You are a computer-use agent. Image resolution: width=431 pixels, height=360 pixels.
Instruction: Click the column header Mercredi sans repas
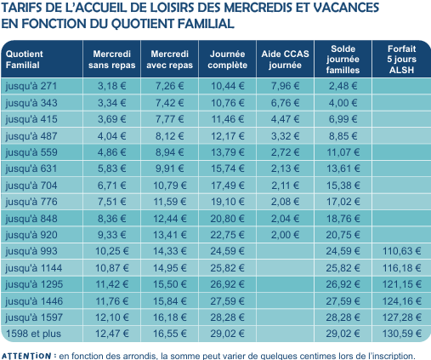[111, 60]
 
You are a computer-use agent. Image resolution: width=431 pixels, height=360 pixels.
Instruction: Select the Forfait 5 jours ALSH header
[401, 60]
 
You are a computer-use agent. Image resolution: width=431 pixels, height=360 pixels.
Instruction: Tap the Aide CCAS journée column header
[285, 60]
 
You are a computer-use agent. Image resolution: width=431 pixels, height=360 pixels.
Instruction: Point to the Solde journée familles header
[343, 60]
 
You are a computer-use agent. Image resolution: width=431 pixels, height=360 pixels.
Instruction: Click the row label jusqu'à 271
[31, 86]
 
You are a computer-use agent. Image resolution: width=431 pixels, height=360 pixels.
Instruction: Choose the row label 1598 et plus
[33, 334]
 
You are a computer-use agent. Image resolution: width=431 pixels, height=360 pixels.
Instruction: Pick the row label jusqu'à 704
[31, 186]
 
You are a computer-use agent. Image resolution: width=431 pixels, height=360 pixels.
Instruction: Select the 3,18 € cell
[111, 86]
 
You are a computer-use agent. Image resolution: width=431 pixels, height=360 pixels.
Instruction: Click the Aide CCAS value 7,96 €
[285, 86]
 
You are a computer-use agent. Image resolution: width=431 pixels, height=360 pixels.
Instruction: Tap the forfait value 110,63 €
[401, 251]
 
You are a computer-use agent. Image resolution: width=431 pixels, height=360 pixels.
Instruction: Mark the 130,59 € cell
[401, 334]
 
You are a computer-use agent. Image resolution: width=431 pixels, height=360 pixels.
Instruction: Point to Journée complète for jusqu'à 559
[227, 152]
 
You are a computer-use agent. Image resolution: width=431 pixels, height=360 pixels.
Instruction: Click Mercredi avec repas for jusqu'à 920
[170, 235]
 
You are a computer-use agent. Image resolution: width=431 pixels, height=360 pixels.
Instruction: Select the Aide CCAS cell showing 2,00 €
[285, 235]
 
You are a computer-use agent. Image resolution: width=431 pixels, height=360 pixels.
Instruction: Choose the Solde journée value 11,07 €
[343, 152]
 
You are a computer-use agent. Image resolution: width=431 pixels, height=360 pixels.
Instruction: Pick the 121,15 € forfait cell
[401, 284]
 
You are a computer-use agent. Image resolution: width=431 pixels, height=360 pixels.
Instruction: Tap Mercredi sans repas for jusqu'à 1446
[111, 301]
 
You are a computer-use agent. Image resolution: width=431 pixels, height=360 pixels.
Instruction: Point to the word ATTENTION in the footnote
[26, 356]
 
